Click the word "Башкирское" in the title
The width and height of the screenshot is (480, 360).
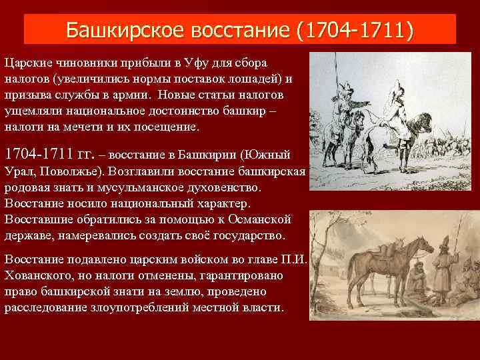coord(125,30)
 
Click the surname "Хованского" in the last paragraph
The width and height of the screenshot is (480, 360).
coord(37,275)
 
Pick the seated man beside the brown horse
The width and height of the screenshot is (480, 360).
coord(417,280)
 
